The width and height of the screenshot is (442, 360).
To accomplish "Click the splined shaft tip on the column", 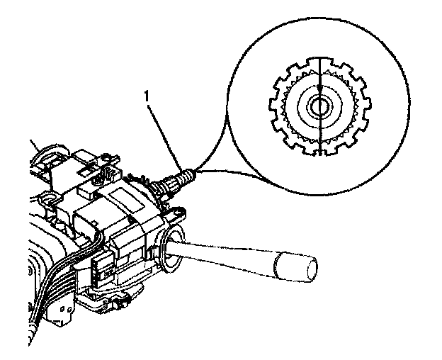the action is click(x=181, y=175).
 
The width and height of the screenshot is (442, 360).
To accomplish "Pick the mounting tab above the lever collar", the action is click(x=178, y=210).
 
